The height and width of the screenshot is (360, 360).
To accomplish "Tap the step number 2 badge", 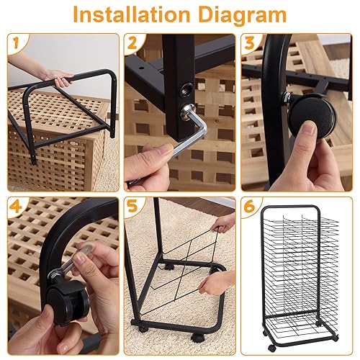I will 133,42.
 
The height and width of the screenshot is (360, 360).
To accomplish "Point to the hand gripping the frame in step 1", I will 58,74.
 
